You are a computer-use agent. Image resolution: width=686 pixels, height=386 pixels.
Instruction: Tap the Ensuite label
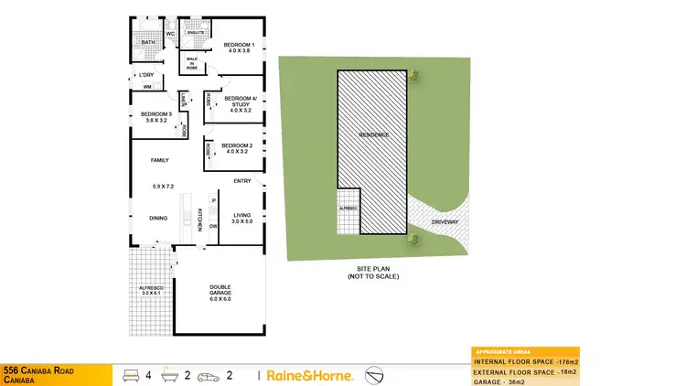coord(194,33)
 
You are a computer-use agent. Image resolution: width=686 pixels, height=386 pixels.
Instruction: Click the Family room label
coord(160,161)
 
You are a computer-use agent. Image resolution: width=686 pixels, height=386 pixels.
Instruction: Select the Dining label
coord(159,218)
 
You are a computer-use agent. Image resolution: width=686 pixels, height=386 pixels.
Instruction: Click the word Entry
coord(242,181)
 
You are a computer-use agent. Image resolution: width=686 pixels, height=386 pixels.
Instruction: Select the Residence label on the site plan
coord(373,135)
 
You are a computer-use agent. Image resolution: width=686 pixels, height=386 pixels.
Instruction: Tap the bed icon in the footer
coord(130,375)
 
